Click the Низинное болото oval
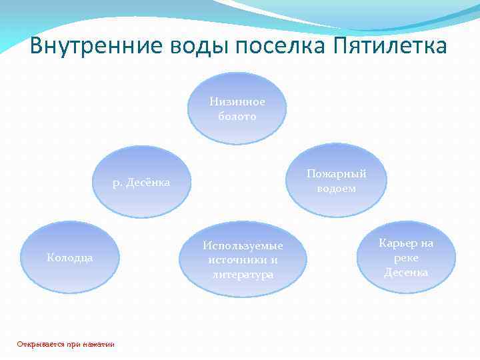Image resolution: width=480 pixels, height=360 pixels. (237, 109)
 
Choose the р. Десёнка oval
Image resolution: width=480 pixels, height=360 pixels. (141, 182)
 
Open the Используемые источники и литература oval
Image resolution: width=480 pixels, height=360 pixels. (243, 259)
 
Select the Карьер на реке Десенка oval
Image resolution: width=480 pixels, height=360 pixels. (406, 257)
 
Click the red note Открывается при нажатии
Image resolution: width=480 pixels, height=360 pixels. (65, 344)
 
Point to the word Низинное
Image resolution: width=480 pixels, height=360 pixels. (237, 102)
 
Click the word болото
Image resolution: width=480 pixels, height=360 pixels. (237, 116)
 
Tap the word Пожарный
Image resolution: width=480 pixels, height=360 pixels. (337, 174)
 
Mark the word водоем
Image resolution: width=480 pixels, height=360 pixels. (336, 189)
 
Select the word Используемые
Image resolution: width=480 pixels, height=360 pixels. (243, 246)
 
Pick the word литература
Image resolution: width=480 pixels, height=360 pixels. (243, 274)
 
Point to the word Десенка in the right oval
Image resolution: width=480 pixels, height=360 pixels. (406, 272)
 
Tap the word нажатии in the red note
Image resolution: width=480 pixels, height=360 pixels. (99, 344)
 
